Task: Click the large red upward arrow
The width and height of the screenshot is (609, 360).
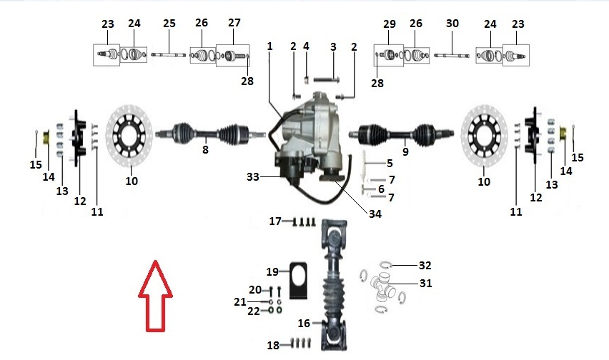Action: pyautogui.click(x=155, y=296)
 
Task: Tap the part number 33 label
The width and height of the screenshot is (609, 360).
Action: pyautogui.click(x=253, y=177)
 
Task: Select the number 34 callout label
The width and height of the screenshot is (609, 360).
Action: pyautogui.click(x=375, y=214)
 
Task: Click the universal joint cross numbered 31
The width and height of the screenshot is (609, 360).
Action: pyautogui.click(x=383, y=287)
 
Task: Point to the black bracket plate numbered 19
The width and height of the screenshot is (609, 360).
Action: pyautogui.click(x=298, y=281)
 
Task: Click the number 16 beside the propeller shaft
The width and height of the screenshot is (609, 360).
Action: pyautogui.click(x=304, y=323)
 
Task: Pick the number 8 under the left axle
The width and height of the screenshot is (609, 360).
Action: pyautogui.click(x=205, y=149)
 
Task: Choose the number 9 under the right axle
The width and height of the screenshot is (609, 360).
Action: pyautogui.click(x=405, y=151)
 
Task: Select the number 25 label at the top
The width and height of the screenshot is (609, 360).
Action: pyautogui.click(x=169, y=24)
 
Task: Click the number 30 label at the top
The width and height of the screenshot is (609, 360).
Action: pyautogui.click(x=452, y=24)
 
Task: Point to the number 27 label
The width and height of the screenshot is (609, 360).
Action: pyautogui.click(x=234, y=23)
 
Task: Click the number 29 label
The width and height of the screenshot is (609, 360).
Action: pyautogui.click(x=390, y=24)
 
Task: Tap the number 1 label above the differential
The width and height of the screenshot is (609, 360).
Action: pyautogui.click(x=270, y=46)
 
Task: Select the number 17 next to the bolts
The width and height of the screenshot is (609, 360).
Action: pyautogui.click(x=275, y=221)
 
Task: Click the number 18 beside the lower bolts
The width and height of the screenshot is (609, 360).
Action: pyautogui.click(x=274, y=345)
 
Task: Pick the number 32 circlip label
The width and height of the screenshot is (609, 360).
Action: pyautogui.click(x=425, y=265)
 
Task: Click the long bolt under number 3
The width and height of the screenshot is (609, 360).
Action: pyautogui.click(x=327, y=80)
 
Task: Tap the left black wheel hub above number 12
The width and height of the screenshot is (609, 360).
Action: pyautogui.click(x=79, y=138)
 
